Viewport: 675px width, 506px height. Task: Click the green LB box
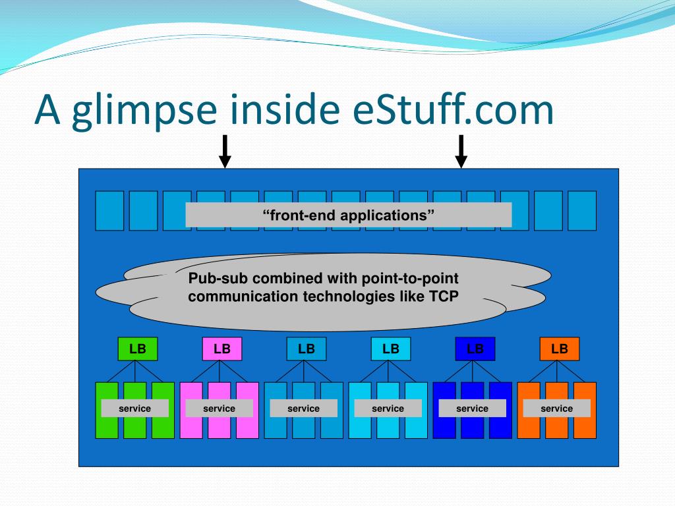click(x=138, y=349)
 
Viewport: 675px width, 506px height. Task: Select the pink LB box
click(x=222, y=349)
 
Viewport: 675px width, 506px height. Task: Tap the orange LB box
click(x=560, y=349)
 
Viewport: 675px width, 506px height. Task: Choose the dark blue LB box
click(x=475, y=349)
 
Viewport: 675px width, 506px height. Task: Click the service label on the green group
click(x=135, y=408)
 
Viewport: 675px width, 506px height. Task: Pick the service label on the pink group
click(x=220, y=408)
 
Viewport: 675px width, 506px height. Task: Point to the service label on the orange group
click(x=557, y=408)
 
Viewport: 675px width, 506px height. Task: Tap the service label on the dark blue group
click(x=473, y=408)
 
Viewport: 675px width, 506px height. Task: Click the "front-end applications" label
click(x=349, y=215)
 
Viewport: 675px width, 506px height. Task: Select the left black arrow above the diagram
click(x=225, y=152)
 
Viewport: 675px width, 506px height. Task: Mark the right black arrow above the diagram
click(x=461, y=152)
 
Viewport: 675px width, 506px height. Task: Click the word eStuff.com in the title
click(x=449, y=110)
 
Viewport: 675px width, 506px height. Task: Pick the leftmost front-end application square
click(x=109, y=210)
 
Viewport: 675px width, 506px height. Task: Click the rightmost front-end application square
click(x=581, y=210)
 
